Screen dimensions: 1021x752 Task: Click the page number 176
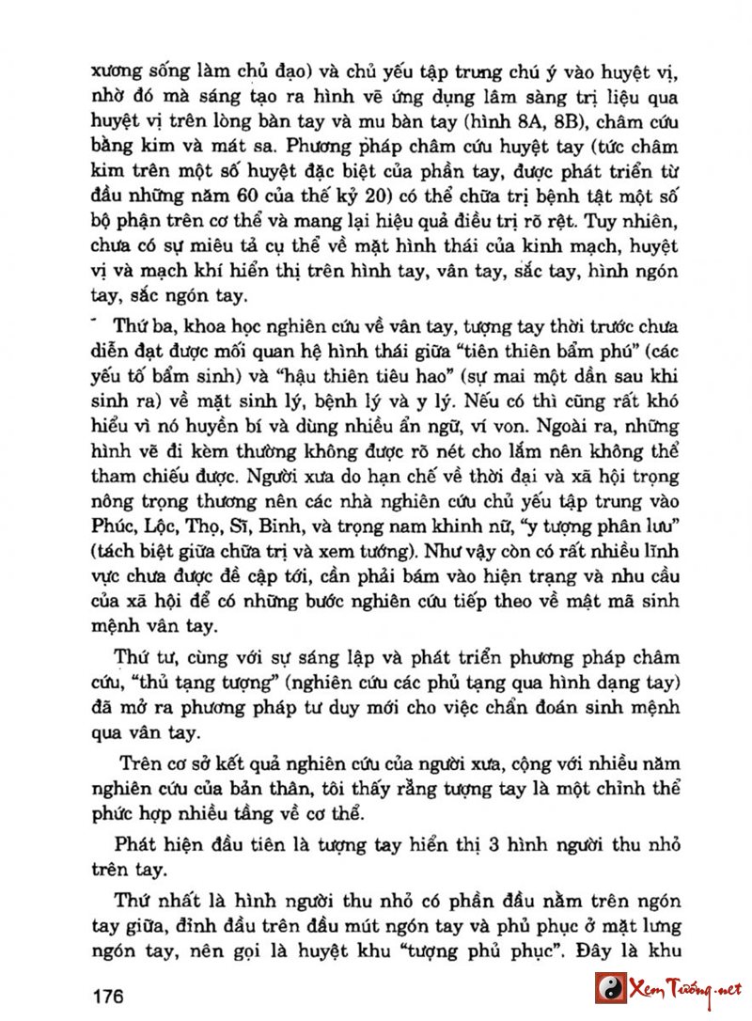(x=110, y=996)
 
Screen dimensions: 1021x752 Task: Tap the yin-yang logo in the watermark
(x=611, y=988)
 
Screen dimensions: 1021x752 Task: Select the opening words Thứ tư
(x=139, y=655)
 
